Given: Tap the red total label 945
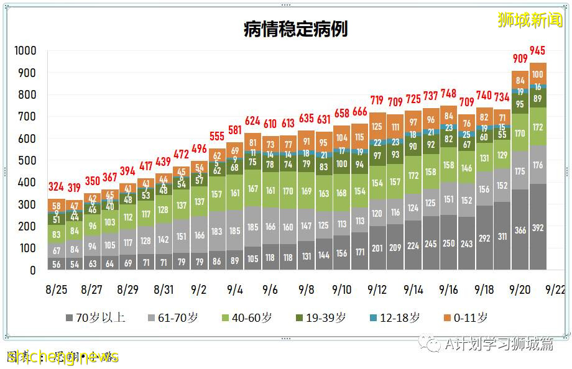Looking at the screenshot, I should (x=538, y=50).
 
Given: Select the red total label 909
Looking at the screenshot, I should (x=520, y=58).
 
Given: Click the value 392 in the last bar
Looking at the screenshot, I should (x=538, y=229).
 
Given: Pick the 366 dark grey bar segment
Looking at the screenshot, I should (x=520, y=230).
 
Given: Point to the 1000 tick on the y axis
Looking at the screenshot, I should (x=25, y=51).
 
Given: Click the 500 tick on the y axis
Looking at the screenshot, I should (x=27, y=161).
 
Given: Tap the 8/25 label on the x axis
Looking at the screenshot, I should (x=56, y=289).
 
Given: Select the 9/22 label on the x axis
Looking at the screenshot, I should (x=555, y=289).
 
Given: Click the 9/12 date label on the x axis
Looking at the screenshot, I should (x=377, y=289).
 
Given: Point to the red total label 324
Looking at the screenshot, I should (x=57, y=186).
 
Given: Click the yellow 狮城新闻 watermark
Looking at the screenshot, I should (x=530, y=20).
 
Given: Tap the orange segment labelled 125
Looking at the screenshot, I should (x=377, y=127).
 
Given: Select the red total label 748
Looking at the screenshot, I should (x=448, y=94).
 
